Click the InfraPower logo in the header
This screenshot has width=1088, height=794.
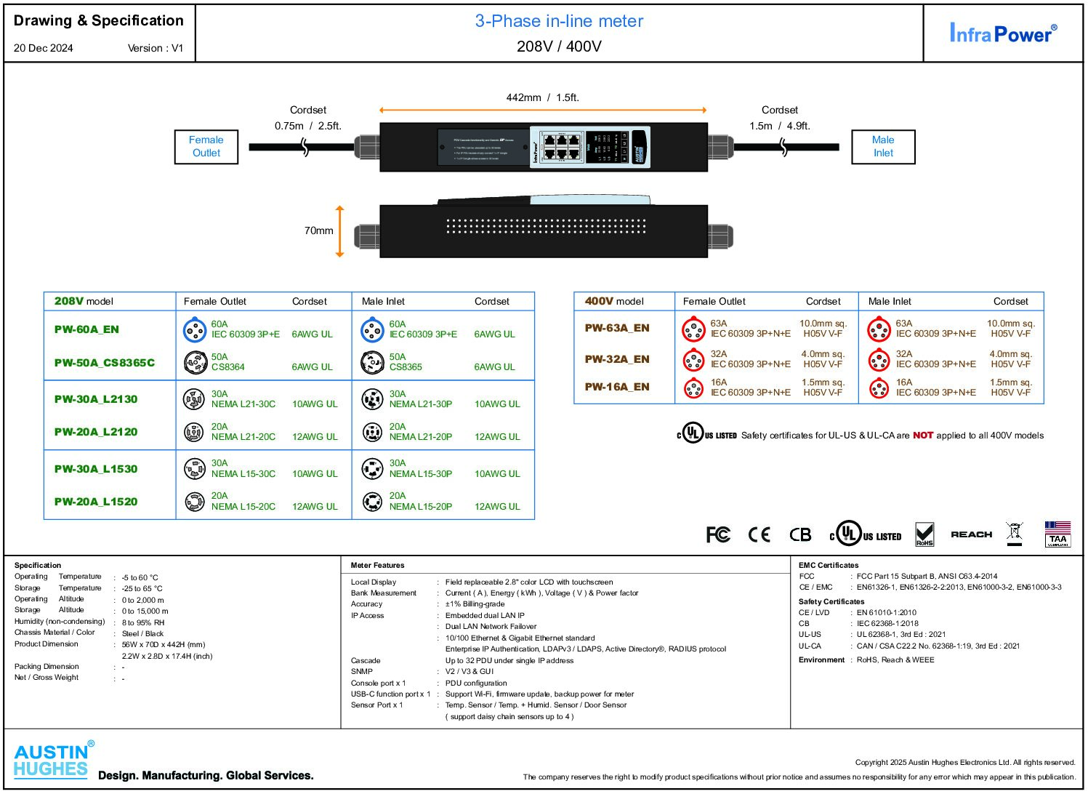click(1002, 33)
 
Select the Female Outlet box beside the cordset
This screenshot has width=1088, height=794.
click(206, 147)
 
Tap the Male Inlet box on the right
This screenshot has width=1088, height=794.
click(883, 147)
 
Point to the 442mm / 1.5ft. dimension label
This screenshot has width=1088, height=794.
click(542, 97)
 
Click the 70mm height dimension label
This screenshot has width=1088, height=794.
click(318, 230)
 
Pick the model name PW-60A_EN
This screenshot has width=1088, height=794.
click(86, 329)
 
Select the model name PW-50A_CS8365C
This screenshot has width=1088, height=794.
click(104, 363)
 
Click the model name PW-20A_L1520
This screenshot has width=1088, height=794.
click(95, 502)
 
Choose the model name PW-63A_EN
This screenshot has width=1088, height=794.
click(616, 328)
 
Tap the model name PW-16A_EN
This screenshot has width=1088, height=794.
click(616, 387)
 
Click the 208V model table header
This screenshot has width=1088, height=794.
click(84, 301)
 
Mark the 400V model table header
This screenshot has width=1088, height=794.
click(613, 301)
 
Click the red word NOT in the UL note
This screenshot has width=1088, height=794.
click(922, 436)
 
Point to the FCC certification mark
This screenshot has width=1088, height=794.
click(718, 535)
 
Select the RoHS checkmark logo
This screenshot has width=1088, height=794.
click(924, 534)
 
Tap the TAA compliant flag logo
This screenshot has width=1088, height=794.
click(1057, 534)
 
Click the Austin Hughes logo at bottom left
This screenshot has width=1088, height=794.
click(52, 761)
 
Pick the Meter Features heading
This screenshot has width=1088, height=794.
click(377, 565)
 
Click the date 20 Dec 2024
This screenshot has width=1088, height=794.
click(44, 48)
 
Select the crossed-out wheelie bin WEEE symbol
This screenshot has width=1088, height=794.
click(1015, 533)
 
